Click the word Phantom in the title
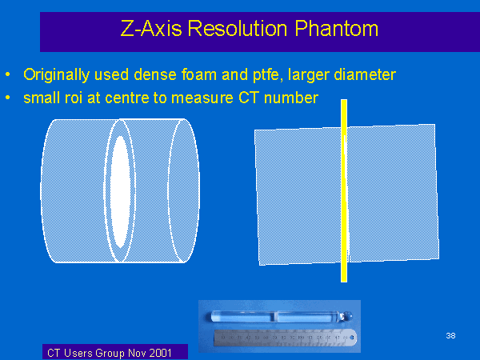337,29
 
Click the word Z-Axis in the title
151,28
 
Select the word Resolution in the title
238,28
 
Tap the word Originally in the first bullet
57,75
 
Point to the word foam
199,74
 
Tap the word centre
127,98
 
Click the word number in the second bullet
291,98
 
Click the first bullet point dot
8,74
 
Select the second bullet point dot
8,98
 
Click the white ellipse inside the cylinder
120,192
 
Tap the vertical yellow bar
344,190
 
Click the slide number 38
450,336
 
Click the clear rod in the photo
282,316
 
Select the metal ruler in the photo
286,338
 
